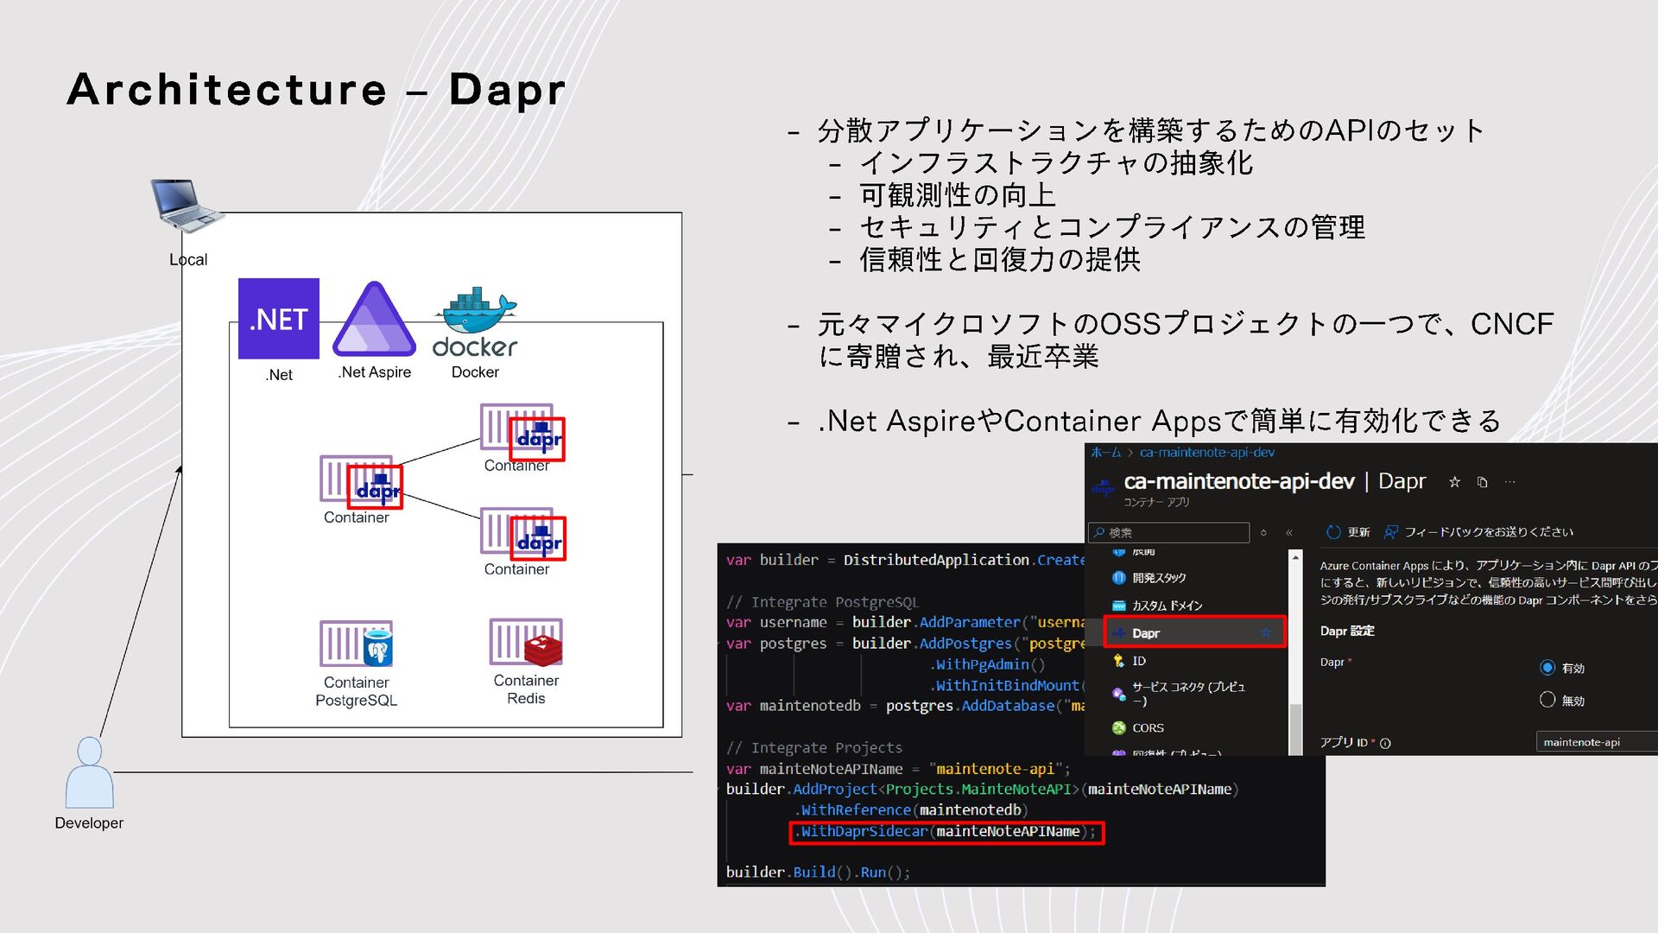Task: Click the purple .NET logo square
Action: pyautogui.click(x=278, y=318)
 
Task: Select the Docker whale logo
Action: pyautogui.click(x=475, y=321)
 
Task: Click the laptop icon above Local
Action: pyautogui.click(x=186, y=205)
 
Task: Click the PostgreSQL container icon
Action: pyautogui.click(x=356, y=644)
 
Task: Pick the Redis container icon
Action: pyautogui.click(x=526, y=642)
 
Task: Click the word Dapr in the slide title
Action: pyautogui.click(x=507, y=89)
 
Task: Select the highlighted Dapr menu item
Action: pyautogui.click(x=1193, y=633)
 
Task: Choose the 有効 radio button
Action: pyautogui.click(x=1547, y=668)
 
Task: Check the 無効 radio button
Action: pyautogui.click(x=1547, y=700)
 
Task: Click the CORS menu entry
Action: pyautogui.click(x=1148, y=728)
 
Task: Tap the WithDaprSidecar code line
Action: pyautogui.click(x=946, y=832)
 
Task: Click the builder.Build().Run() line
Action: pyautogui.click(x=818, y=873)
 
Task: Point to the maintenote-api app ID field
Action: pyautogui.click(x=1596, y=742)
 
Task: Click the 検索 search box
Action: pyautogui.click(x=1170, y=532)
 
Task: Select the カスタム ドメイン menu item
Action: pyautogui.click(x=1167, y=606)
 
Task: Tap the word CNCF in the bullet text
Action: pyautogui.click(x=1511, y=324)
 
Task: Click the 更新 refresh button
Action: pyautogui.click(x=1348, y=532)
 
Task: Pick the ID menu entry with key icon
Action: pyautogui.click(x=1138, y=661)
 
